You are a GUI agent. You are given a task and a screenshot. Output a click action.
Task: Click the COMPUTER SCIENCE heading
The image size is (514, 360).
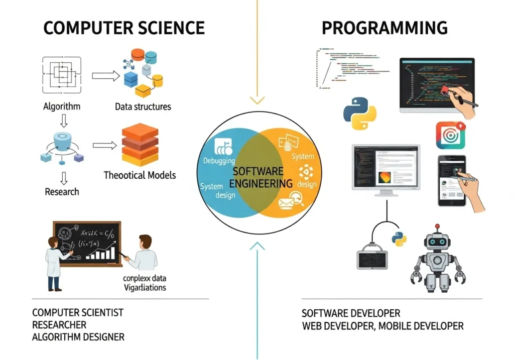coord(123,28)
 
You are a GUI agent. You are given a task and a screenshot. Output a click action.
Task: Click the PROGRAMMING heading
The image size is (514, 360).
coord(384,28)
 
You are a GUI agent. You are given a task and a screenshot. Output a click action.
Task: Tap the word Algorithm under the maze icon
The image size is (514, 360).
coord(62,106)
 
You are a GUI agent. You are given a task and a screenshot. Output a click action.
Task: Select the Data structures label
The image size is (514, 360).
coord(143,106)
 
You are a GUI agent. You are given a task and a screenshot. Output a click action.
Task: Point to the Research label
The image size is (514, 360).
coord(62,192)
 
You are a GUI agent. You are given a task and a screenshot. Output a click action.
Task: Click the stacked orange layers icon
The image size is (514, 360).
coord(140,145)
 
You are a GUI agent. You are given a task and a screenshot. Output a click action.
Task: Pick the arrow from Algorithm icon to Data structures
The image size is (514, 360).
coord(105,76)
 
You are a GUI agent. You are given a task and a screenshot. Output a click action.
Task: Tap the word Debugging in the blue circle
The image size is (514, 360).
coord(219,161)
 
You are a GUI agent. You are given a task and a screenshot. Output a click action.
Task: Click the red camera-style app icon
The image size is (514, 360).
coord(450,135)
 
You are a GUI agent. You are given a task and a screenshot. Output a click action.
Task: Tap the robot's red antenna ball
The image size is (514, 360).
coord(437,227)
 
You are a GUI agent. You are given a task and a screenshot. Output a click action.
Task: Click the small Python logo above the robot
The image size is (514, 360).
coord(400,238)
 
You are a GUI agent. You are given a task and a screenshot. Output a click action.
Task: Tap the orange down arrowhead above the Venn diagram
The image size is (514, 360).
coord(257,100)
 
